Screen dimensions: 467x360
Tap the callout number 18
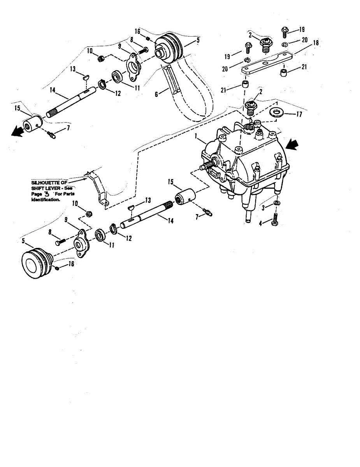point(316,43)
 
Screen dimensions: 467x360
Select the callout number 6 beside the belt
point(156,94)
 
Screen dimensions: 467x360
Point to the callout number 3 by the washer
point(263,208)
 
